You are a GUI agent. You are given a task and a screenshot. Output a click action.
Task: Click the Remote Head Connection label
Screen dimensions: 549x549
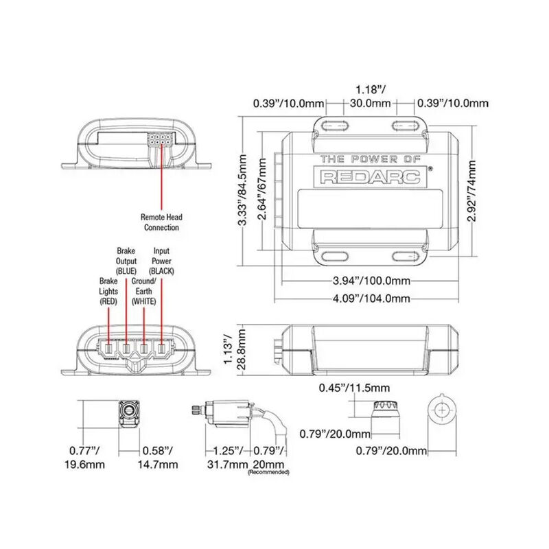[161, 221]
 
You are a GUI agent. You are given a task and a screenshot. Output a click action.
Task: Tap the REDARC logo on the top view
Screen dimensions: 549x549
[374, 177]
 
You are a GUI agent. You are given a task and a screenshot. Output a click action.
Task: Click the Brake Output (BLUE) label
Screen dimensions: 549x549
[126, 261]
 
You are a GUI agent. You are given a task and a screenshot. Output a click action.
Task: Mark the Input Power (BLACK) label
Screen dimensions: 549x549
[162, 261]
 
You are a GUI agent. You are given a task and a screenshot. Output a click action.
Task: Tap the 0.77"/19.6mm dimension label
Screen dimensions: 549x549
[85, 457]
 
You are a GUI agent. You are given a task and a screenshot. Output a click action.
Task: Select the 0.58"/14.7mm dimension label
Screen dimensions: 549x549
[160, 457]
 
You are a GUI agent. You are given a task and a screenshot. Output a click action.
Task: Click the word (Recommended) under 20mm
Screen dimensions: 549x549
[268, 473]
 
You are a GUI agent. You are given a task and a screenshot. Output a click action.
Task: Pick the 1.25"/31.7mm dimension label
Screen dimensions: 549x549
[227, 457]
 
